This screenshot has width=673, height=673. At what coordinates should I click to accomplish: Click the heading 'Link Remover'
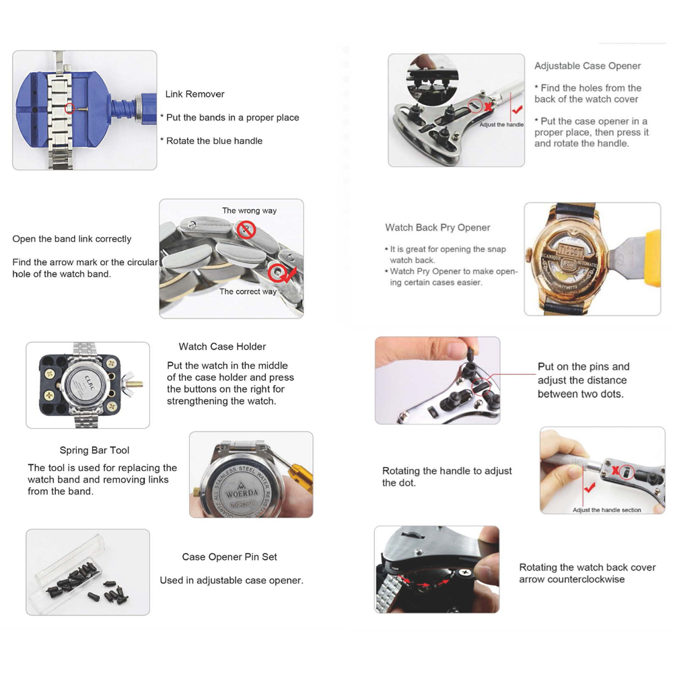(195, 94)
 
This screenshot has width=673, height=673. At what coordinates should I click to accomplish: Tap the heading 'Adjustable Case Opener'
(587, 66)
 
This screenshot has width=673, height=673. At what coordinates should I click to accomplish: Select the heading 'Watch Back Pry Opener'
(437, 227)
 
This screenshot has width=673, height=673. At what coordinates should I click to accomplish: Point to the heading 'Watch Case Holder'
(222, 347)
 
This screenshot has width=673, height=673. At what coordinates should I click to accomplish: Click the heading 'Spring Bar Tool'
(94, 450)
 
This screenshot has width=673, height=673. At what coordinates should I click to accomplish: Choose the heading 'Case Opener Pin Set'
(229, 557)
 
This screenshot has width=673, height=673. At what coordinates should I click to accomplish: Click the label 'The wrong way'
(250, 210)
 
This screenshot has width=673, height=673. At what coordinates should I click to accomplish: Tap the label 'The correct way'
(248, 291)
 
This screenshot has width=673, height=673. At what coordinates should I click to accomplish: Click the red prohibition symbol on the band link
(247, 230)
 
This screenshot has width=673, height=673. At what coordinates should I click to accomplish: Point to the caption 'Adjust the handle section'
(606, 510)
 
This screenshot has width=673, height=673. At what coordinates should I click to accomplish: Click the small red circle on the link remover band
(70, 108)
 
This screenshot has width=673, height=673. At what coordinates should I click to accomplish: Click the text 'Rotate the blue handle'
(214, 141)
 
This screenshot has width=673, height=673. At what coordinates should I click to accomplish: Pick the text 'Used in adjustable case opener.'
(232, 580)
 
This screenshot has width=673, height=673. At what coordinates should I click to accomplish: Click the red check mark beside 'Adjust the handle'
(517, 110)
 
